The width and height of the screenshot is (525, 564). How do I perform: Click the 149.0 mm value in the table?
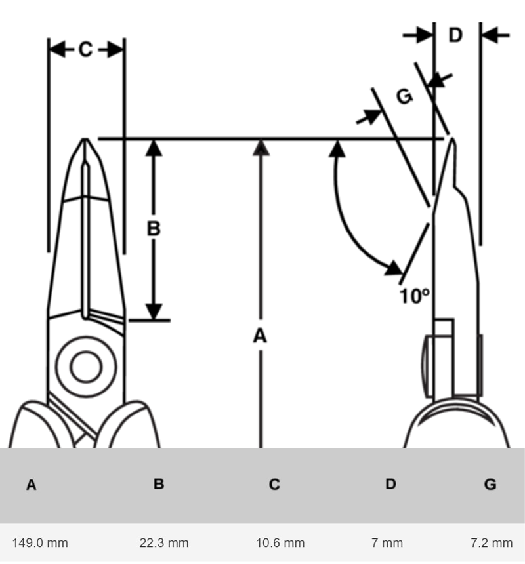[x=40, y=542]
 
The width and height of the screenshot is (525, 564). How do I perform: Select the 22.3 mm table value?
[x=163, y=542]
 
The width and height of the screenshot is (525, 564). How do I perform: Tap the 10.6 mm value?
[x=280, y=542]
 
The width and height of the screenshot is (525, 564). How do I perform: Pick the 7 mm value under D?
[x=387, y=542]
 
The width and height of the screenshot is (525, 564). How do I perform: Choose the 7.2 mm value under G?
[x=492, y=542]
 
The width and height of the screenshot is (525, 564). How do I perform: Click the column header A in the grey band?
[x=31, y=485]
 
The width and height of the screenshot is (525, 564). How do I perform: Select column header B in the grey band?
[x=159, y=484]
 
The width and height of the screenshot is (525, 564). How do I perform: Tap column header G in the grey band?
[x=490, y=485]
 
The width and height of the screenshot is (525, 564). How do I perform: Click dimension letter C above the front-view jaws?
[x=86, y=49]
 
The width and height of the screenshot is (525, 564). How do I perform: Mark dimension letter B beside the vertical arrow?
[x=153, y=229]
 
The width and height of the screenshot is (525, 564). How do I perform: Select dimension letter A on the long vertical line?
[x=261, y=336]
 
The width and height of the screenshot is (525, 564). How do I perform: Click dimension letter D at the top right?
[x=455, y=35]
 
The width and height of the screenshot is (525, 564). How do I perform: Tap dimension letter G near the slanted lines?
[x=405, y=96]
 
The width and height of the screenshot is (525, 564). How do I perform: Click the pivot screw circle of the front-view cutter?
[x=85, y=367]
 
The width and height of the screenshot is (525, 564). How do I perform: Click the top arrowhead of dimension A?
[x=261, y=147]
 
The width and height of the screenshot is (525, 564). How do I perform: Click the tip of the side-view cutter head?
[x=452, y=138]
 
